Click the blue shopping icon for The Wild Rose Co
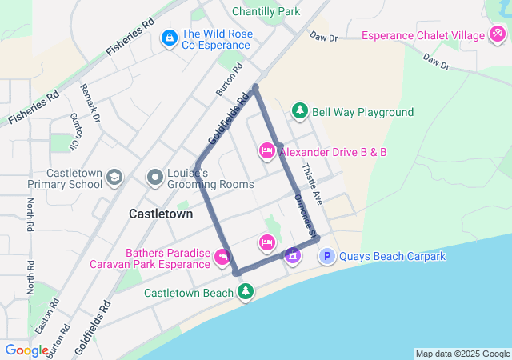170,38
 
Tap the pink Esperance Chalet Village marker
498,35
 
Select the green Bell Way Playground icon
299,111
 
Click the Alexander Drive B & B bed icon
267,150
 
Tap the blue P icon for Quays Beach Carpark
327,256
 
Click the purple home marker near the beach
293,255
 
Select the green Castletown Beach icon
246,292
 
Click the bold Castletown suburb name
161,214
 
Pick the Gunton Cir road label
74,127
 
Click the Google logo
27,350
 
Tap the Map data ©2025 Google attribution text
462,354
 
